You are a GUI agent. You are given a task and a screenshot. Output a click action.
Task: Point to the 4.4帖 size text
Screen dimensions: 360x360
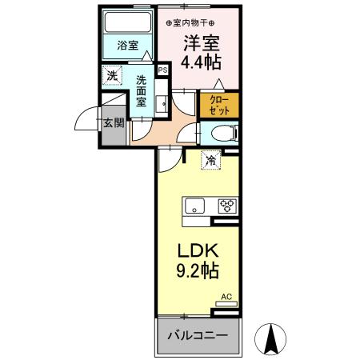[200, 62]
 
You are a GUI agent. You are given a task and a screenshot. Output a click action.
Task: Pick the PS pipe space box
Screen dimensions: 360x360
[163, 70]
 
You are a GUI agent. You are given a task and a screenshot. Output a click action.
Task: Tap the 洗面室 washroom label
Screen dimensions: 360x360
[140, 91]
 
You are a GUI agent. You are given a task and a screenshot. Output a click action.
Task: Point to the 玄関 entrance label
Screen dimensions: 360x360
[112, 123]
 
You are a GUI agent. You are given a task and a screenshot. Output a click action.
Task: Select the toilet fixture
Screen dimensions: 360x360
[223, 134]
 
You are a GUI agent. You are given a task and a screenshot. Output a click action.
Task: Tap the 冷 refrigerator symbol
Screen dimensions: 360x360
[210, 159]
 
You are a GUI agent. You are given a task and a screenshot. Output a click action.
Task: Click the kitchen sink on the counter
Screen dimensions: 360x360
[196, 206]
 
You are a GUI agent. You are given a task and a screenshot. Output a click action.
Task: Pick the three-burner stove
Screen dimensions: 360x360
[227, 206]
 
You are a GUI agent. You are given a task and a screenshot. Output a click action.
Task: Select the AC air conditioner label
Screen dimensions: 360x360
[226, 297]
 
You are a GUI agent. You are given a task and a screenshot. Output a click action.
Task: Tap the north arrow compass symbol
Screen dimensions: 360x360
[270, 338]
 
